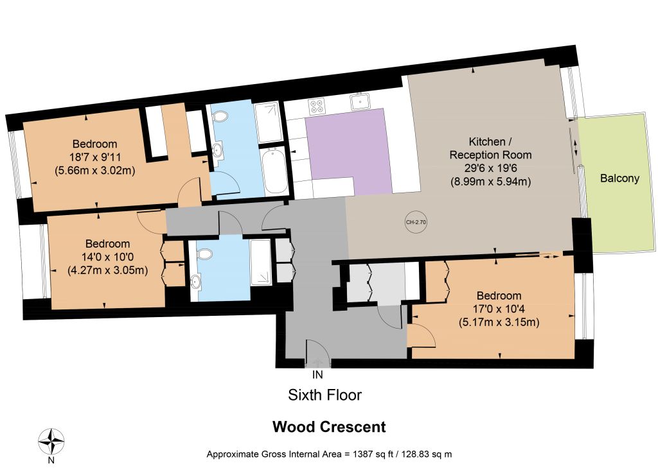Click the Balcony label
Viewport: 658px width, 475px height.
pos(619,178)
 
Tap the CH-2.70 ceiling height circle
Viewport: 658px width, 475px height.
pos(416,222)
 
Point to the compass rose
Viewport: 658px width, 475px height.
pos(51,442)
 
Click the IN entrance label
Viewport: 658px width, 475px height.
pos(317,374)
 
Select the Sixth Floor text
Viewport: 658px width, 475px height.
pos(325,395)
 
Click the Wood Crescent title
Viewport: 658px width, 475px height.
pos(329,427)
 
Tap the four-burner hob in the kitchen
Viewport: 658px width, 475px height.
pos(316,106)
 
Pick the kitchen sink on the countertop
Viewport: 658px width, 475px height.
pos(360,102)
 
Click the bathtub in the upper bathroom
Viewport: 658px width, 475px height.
pos(274,171)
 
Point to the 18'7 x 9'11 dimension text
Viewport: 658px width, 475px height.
pos(95,158)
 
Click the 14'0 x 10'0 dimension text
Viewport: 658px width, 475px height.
pos(107,257)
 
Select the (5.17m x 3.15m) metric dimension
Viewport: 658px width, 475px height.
pos(499,322)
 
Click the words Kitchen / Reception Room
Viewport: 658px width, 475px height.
pos(490,148)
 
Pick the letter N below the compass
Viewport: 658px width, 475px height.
pos(51,460)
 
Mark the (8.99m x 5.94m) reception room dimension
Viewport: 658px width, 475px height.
pos(490,182)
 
